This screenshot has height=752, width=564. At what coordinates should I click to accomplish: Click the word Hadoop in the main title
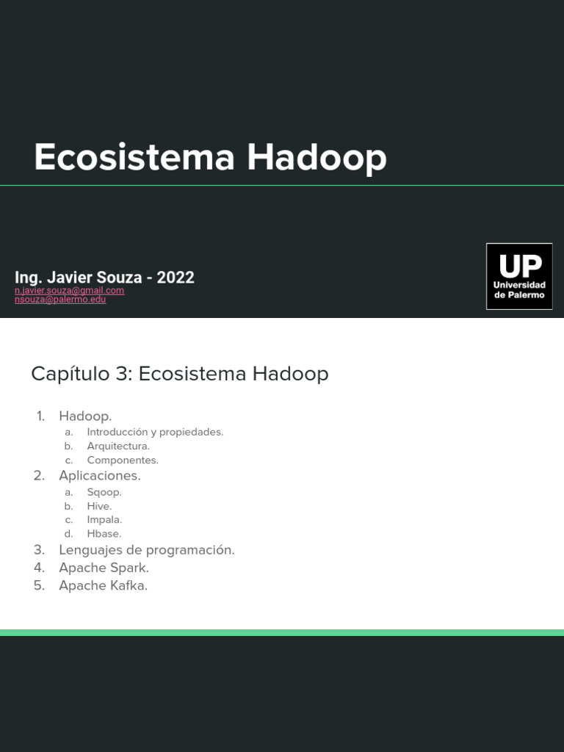coord(317,158)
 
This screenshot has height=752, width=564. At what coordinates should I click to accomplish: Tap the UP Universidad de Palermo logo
coord(519,276)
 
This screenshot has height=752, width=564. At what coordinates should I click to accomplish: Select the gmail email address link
coord(69,290)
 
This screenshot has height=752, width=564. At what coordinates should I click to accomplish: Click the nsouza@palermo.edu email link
coord(60,300)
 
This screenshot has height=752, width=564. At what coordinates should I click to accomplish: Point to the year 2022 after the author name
coord(176,278)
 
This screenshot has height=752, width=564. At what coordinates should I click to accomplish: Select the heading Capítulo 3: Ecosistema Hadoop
coord(179,374)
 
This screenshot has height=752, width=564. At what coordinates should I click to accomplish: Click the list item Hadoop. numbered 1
coord(85,416)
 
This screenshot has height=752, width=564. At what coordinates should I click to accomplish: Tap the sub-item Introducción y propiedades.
coord(155,432)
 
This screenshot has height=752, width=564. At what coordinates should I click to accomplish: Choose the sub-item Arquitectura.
coord(118,446)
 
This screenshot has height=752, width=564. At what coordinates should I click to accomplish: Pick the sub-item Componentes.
coord(123,460)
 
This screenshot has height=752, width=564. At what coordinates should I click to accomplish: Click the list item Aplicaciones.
coord(100,476)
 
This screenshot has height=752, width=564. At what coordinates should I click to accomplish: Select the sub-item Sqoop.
coord(104,492)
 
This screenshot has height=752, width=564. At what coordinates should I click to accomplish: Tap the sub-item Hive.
coord(99,506)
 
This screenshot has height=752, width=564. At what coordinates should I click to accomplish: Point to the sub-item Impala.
coord(104,520)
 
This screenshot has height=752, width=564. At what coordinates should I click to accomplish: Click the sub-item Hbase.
coord(104,534)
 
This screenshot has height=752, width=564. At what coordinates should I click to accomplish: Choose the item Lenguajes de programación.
coord(147,550)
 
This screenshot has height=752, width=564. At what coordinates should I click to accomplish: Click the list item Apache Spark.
coord(104,568)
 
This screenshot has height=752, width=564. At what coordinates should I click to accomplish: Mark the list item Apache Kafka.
coord(103,586)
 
